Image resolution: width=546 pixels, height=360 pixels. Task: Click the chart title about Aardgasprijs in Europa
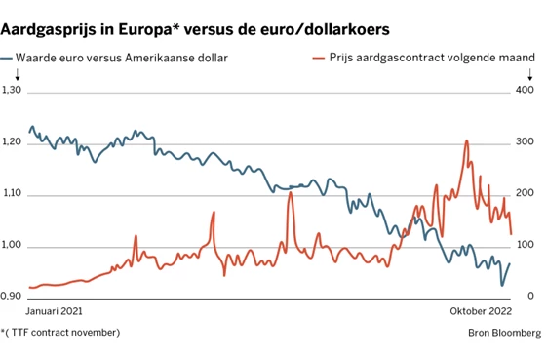[x=195, y=29]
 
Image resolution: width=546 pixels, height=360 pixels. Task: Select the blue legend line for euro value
[x=6, y=59]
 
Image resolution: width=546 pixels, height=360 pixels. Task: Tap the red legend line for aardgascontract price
[x=319, y=58]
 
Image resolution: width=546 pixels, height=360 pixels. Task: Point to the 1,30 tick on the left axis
[x=12, y=90]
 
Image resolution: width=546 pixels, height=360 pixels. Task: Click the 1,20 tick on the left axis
[x=12, y=141]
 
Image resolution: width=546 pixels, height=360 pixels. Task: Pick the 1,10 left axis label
[x=12, y=193]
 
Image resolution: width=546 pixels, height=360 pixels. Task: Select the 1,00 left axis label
[x=12, y=245]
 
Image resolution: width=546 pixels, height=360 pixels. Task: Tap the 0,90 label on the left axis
[x=11, y=296]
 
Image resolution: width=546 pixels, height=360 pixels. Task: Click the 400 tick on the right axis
[x=525, y=90]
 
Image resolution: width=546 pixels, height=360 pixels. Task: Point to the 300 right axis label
[x=525, y=141]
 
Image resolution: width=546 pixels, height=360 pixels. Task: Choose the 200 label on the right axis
[x=525, y=193]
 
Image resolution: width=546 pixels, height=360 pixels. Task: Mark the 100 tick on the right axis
[x=526, y=245]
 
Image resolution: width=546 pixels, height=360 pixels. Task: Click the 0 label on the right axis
[x=530, y=296]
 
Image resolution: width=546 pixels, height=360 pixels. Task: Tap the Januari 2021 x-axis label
[x=54, y=311]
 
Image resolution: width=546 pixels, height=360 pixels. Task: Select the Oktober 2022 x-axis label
[x=481, y=311]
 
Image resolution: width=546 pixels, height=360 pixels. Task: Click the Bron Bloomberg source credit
[x=505, y=333]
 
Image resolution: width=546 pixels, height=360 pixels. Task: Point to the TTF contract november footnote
[x=60, y=333]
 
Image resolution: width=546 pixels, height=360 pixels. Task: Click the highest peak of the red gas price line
[x=467, y=140]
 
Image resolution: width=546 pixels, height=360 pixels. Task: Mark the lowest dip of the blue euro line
[x=502, y=286]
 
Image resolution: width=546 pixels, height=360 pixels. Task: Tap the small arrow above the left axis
[x=18, y=74]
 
